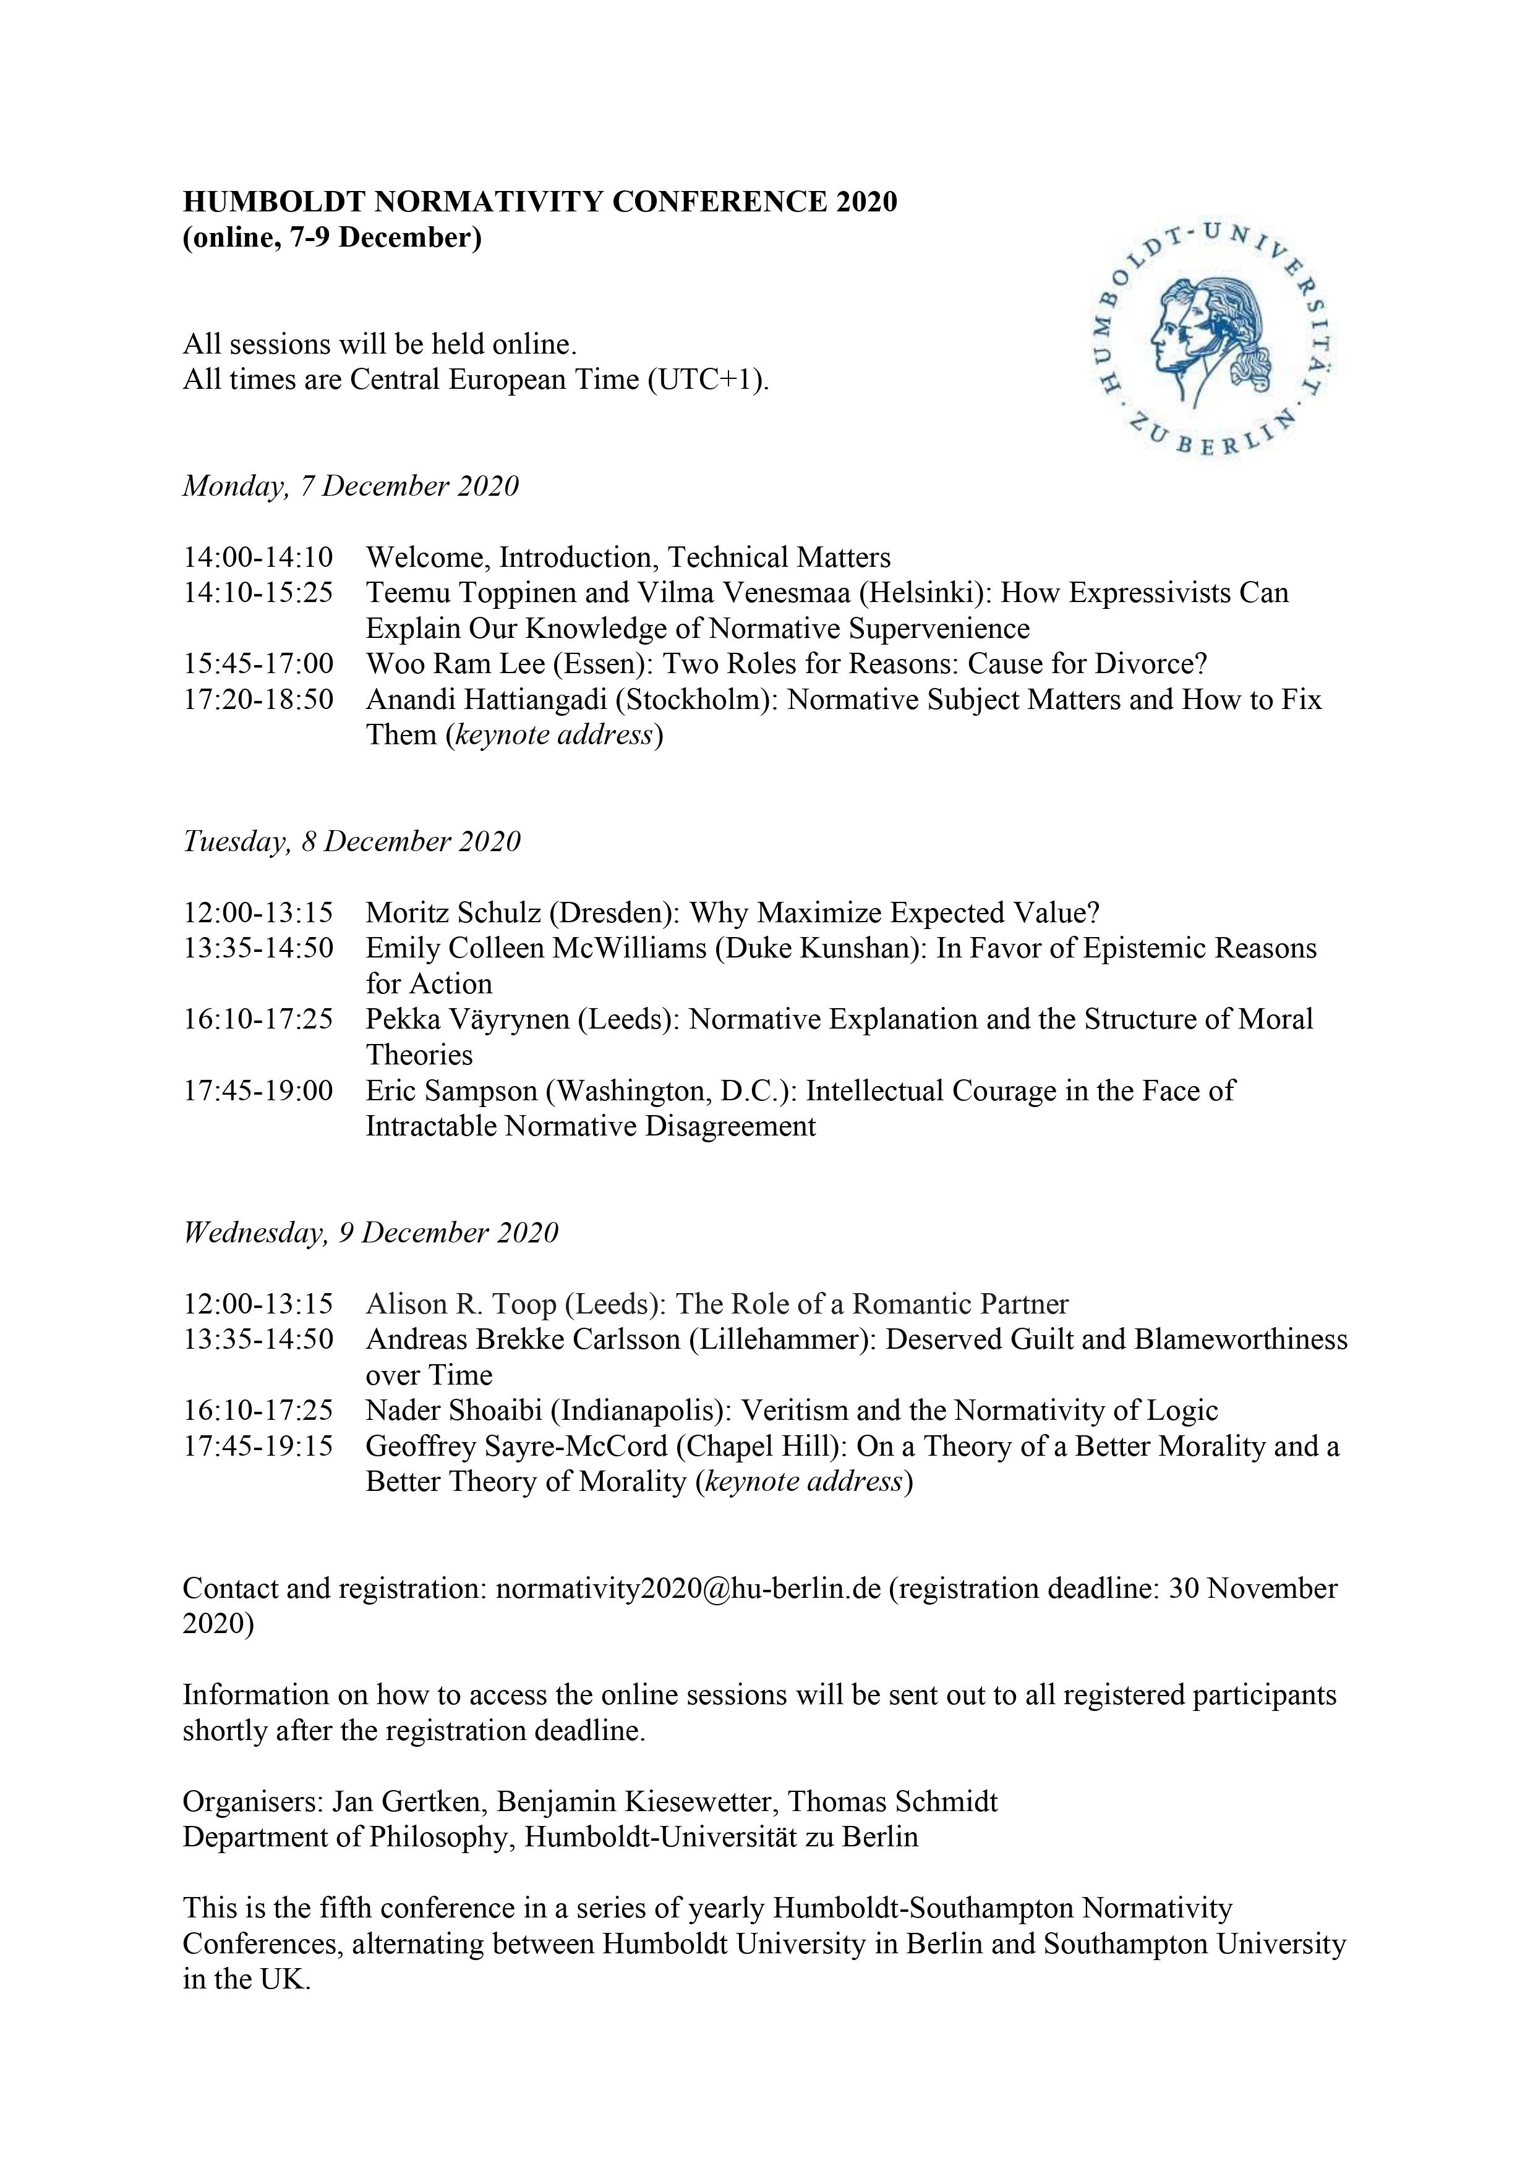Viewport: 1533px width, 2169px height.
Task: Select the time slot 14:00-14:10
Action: pyautogui.click(x=258, y=558)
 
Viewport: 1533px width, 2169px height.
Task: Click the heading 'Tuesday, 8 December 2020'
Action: pyautogui.click(x=352, y=842)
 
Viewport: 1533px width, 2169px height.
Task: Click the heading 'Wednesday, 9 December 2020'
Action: pyautogui.click(x=370, y=1233)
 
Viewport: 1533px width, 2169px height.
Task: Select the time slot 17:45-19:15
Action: pyautogui.click(x=258, y=1447)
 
